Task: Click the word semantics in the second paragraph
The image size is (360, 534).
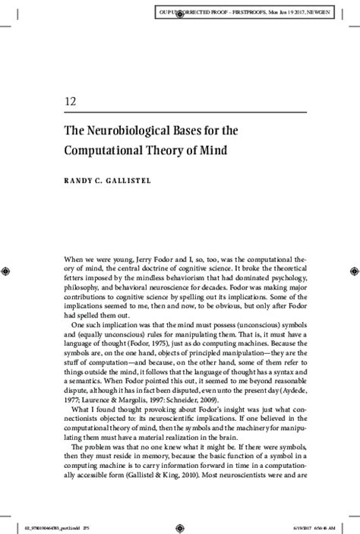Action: click(77, 377)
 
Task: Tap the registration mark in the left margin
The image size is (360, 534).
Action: click(7, 270)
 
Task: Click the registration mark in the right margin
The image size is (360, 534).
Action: click(353, 270)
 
